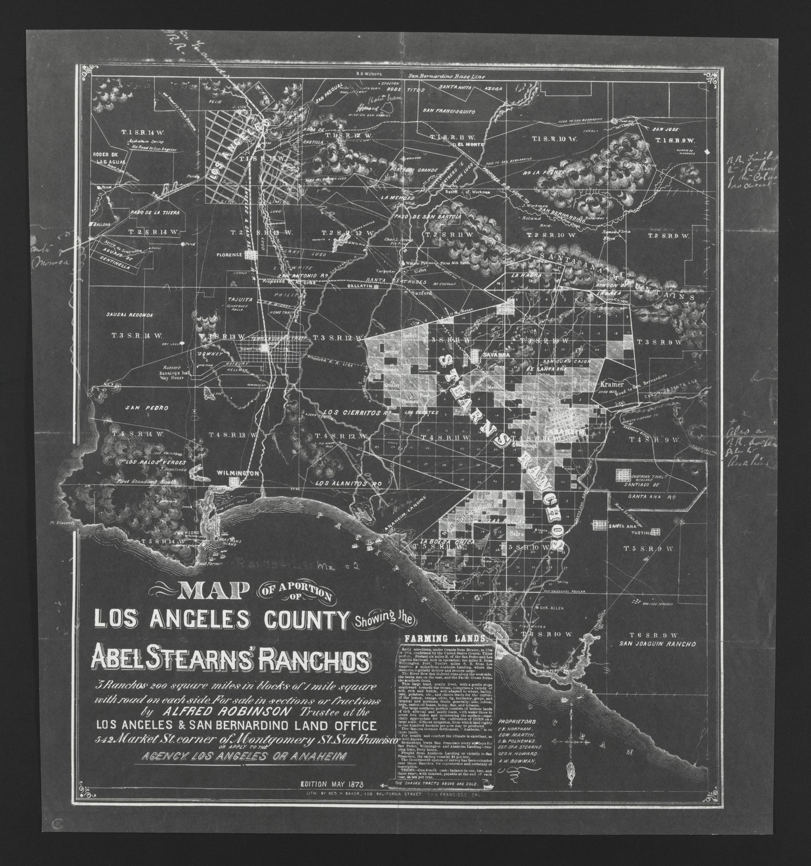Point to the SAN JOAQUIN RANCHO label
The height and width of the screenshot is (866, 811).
(x=657, y=644)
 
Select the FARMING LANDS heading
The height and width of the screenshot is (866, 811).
(x=433, y=637)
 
